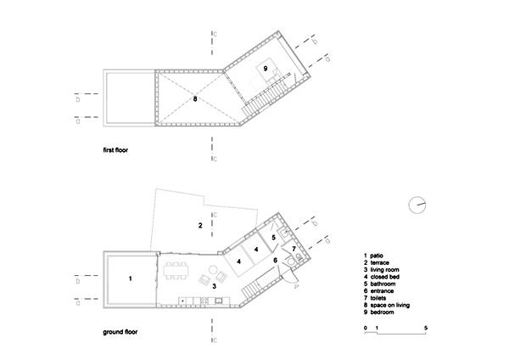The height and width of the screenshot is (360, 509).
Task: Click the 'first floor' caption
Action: [x=115, y=150]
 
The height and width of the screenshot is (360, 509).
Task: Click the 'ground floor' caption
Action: [x=120, y=332]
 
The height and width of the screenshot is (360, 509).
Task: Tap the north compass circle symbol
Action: [x=417, y=205]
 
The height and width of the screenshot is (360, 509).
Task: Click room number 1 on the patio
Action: [x=130, y=278]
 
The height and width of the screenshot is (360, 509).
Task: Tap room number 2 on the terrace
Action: [x=200, y=225]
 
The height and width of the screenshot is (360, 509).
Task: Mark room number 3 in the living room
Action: [x=215, y=287]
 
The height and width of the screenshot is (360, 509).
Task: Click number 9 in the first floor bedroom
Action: [x=266, y=69]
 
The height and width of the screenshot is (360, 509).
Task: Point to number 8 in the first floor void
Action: [x=195, y=98]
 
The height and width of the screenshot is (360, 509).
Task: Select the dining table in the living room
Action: [x=176, y=271]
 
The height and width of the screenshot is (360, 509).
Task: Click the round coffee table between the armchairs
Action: [x=213, y=270]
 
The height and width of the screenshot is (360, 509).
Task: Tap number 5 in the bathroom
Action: [x=274, y=238]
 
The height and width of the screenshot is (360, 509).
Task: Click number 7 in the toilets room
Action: [x=294, y=249]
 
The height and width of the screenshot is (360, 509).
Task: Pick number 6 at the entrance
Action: [x=275, y=261]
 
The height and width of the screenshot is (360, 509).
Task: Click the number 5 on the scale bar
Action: [x=426, y=328]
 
